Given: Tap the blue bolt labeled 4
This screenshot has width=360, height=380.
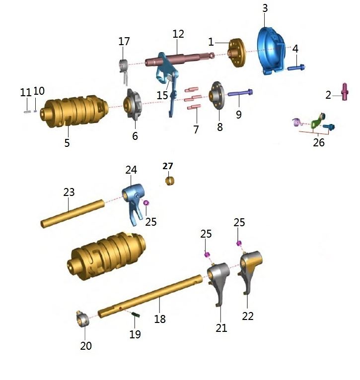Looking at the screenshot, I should pyautogui.click(x=296, y=67).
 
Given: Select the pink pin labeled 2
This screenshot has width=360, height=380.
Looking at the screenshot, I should pyautogui.click(x=343, y=92).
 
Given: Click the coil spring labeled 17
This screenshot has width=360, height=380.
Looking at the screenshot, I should pyautogui.click(x=124, y=66).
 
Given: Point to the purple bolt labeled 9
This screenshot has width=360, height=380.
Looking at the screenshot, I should pyautogui.click(x=241, y=92).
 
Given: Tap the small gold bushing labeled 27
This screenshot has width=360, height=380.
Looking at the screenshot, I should pyautogui.click(x=170, y=180).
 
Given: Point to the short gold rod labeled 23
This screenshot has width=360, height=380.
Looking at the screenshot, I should pyautogui.click(x=72, y=212).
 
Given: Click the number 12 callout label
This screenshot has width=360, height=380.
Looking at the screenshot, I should pyautogui.click(x=178, y=34).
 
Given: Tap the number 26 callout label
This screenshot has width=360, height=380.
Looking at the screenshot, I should pyautogui.click(x=319, y=142).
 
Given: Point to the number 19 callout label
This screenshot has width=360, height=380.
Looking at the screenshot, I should pyautogui.click(x=135, y=334).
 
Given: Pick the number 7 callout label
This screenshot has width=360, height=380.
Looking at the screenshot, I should pyautogui.click(x=196, y=129).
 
